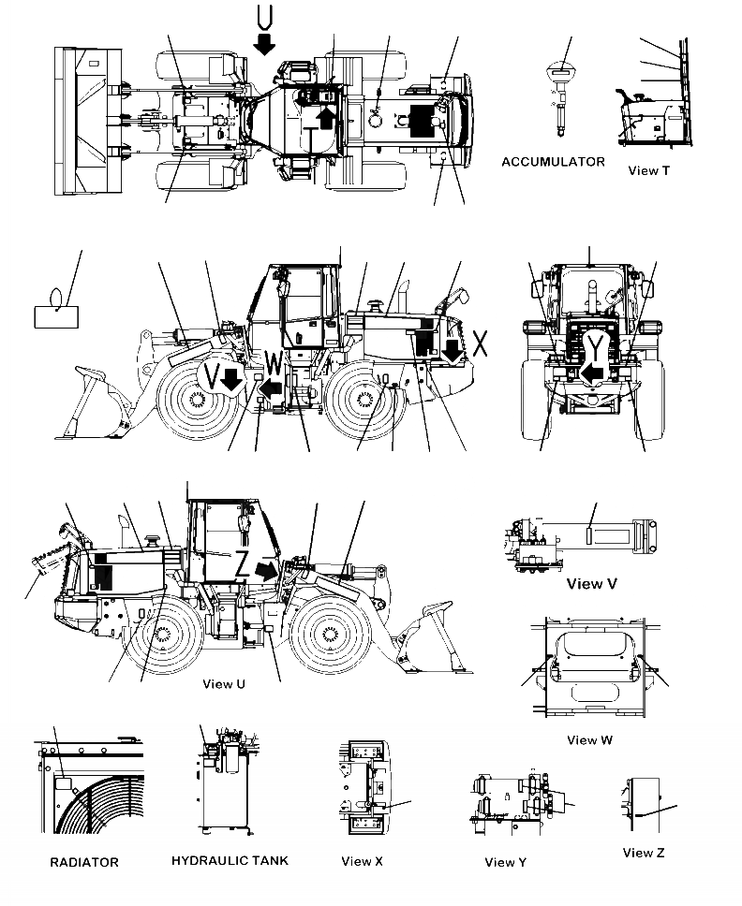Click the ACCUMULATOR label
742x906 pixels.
coord(553,162)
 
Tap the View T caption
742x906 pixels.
coord(648,170)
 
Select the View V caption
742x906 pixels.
coord(591,583)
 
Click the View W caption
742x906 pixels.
coord(589,739)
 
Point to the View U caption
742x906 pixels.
coord(224,684)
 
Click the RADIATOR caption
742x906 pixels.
coord(84,862)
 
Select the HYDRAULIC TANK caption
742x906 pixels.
coord(230,860)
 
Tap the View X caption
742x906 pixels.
coord(362,861)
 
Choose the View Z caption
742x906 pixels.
coord(644,852)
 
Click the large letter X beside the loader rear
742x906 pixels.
coord(480,343)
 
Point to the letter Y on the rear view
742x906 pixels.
coord(598,348)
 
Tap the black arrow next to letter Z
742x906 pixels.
coord(266,570)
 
